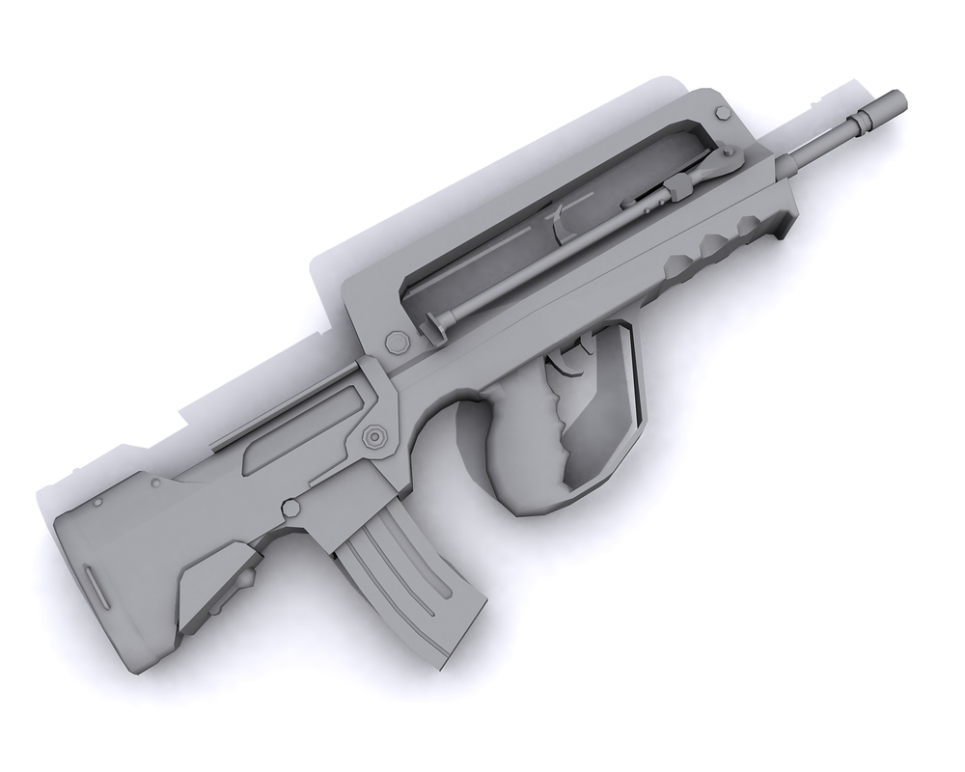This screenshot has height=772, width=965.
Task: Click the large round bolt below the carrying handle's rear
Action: [395, 342]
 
